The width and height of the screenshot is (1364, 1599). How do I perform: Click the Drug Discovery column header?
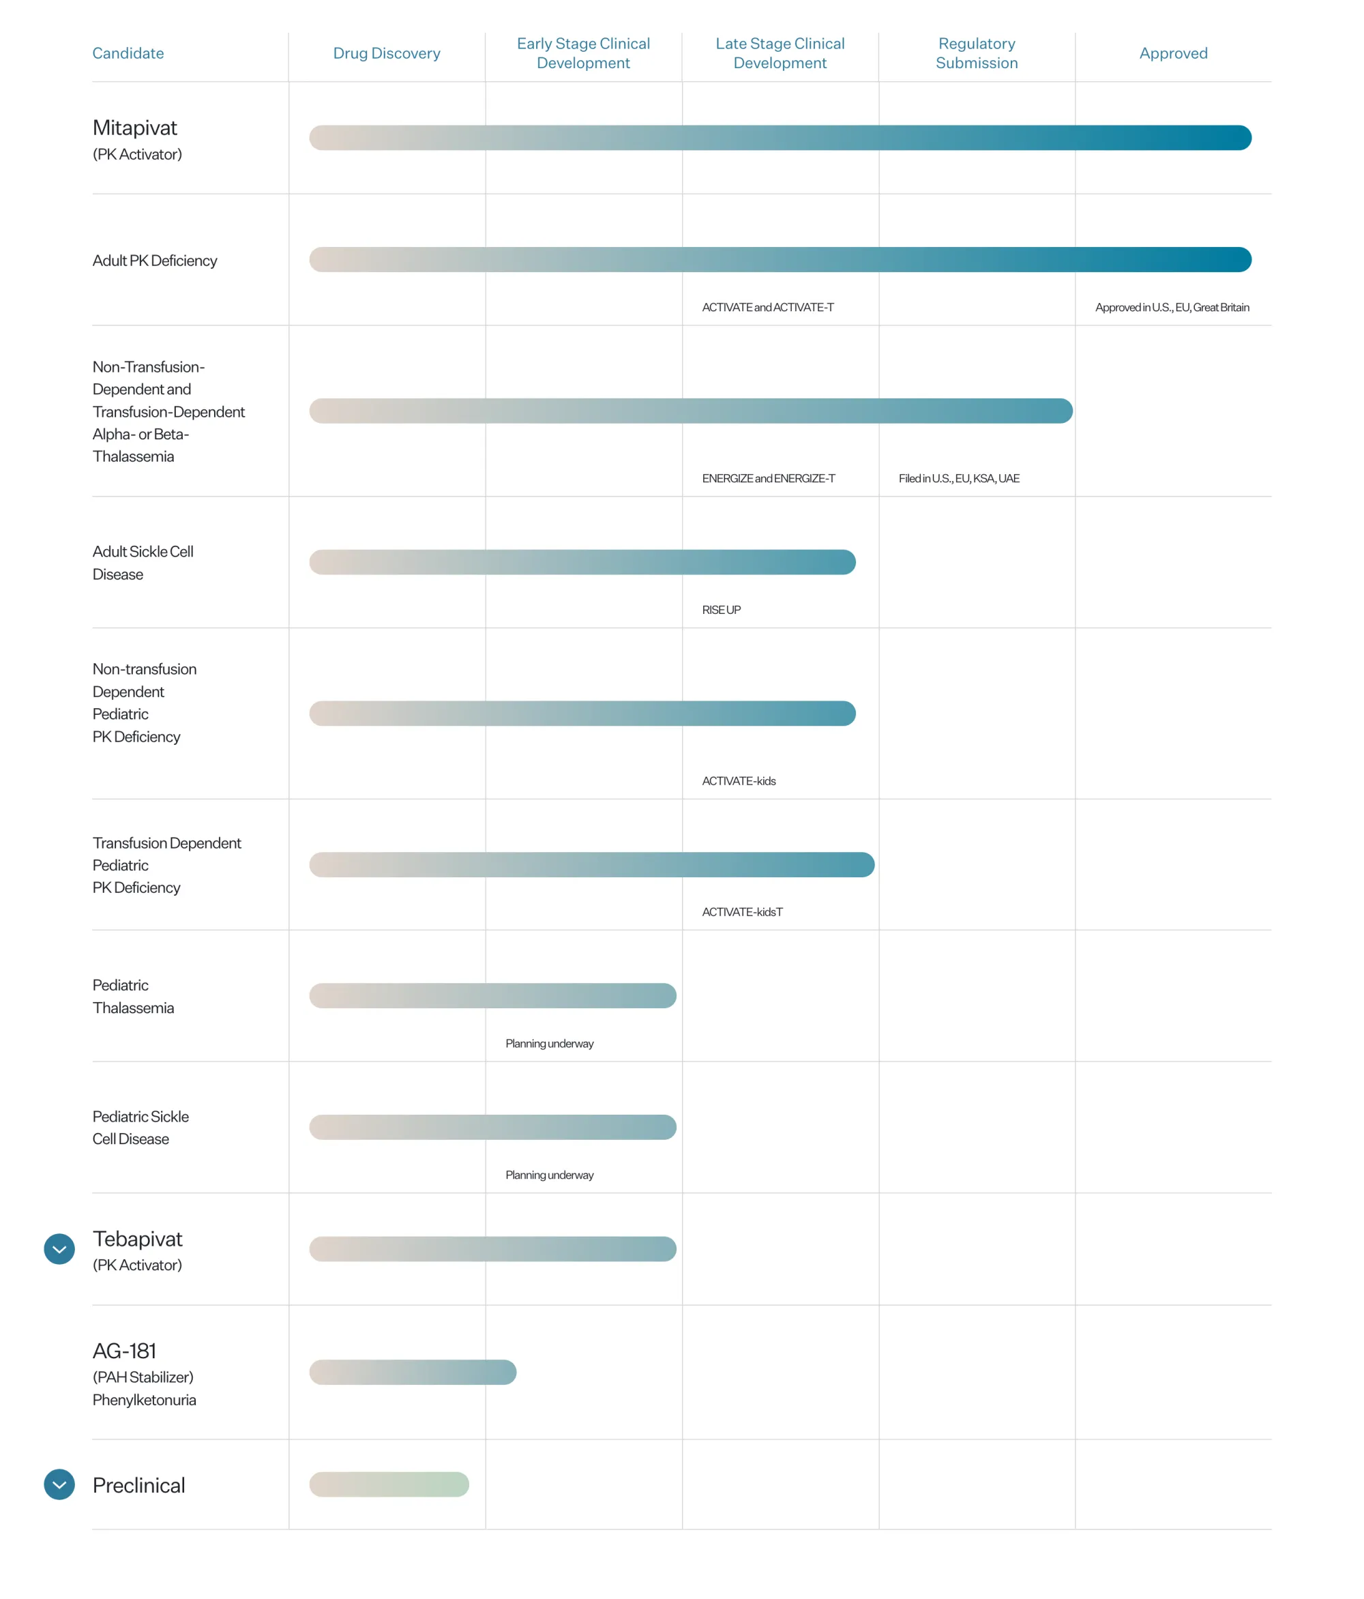[x=387, y=53]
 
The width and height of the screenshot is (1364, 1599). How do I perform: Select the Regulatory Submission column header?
[x=976, y=53]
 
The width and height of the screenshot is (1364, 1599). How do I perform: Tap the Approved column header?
[x=1172, y=53]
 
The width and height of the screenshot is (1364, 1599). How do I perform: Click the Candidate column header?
[x=128, y=53]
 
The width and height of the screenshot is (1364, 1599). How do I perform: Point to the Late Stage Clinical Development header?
[x=780, y=53]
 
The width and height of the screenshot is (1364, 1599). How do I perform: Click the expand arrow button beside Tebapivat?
[x=59, y=1248]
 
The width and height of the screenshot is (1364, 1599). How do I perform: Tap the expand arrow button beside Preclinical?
[x=59, y=1484]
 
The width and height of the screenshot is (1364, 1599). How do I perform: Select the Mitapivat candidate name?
[x=135, y=128]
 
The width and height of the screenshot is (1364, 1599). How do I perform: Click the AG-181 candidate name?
[x=124, y=1351]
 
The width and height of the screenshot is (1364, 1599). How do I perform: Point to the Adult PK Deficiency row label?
[x=154, y=261]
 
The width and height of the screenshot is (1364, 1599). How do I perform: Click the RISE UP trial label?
[x=721, y=610]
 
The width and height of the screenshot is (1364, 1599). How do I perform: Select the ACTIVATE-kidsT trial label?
[x=741, y=911]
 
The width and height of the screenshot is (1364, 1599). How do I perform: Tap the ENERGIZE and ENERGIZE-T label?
[x=768, y=478]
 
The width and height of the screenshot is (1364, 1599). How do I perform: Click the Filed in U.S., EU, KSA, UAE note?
[x=958, y=478]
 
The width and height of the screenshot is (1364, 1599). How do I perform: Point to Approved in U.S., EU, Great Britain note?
[x=1171, y=307]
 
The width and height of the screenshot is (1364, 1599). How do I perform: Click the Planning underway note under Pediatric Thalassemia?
[x=549, y=1043]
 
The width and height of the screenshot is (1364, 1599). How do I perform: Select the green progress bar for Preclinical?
[x=389, y=1484]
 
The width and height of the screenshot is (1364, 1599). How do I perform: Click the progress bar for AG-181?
[x=413, y=1372]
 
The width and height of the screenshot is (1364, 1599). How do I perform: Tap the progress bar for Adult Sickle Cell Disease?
[x=582, y=562]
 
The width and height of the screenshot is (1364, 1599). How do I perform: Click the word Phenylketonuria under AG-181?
[x=145, y=1400]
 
